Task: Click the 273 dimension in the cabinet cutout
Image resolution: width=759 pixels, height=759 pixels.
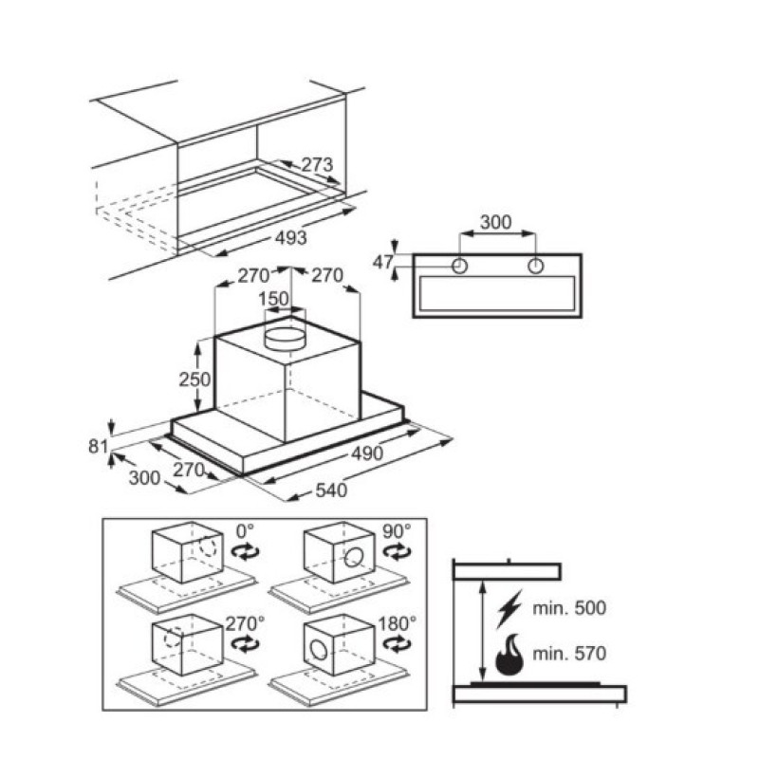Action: [318, 165]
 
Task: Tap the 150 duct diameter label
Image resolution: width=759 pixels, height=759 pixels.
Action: [275, 299]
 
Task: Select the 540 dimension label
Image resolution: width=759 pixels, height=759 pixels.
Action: [331, 490]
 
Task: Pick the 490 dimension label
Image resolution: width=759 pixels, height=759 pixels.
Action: [366, 454]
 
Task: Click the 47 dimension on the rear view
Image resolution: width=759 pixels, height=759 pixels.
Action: [381, 263]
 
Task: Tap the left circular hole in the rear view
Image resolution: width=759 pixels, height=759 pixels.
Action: [459, 267]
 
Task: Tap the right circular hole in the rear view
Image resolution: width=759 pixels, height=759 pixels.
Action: [535, 267]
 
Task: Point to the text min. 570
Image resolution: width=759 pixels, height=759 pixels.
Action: [569, 654]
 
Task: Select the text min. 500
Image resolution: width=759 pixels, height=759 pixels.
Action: [569, 607]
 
